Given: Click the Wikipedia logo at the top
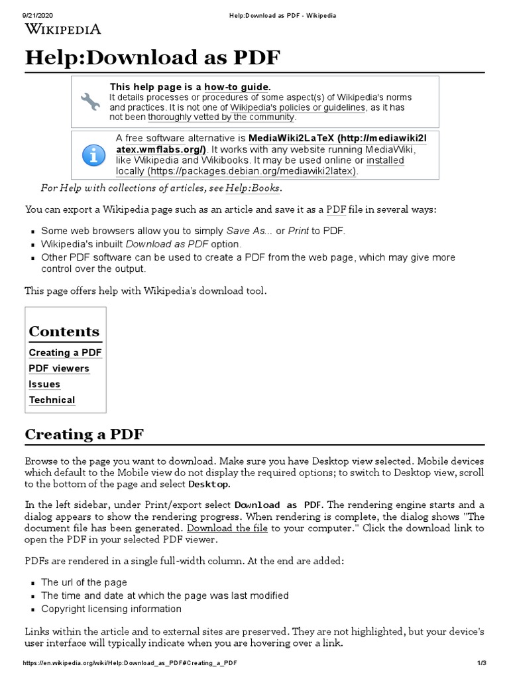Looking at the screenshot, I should pyautogui.click(x=63, y=29).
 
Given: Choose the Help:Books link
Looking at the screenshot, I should pyautogui.click(x=253, y=188).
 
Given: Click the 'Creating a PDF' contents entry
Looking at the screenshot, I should pyautogui.click(x=65, y=353).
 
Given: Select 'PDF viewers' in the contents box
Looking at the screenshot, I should pyautogui.click(x=59, y=369).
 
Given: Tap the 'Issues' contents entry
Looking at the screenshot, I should pyautogui.click(x=44, y=384).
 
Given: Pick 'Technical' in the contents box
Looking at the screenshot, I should pyautogui.click(x=52, y=400).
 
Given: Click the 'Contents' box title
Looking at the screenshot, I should pyautogui.click(x=64, y=332).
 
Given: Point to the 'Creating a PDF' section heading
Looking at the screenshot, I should pyautogui.click(x=84, y=434).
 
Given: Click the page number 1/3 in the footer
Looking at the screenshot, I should pyautogui.click(x=481, y=664).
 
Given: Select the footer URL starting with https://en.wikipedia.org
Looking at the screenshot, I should pyautogui.click(x=130, y=664).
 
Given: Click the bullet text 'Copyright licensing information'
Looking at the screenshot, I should pyautogui.click(x=111, y=609).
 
